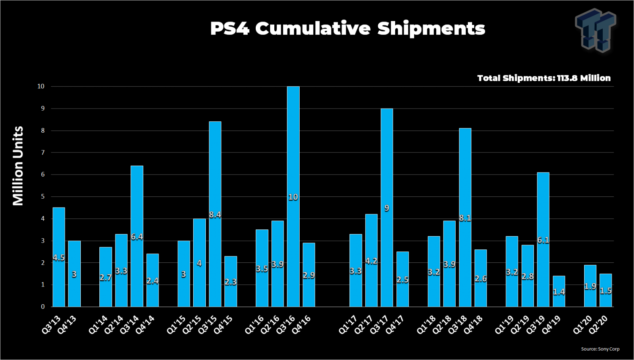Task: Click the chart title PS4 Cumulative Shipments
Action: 347,29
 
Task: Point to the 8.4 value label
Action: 215,215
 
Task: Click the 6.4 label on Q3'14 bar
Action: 137,237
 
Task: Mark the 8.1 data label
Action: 465,218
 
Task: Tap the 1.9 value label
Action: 590,286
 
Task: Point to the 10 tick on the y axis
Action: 41,86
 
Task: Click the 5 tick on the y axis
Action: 43,196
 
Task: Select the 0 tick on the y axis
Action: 43,307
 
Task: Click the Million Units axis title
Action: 18,166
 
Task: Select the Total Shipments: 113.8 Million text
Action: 544,78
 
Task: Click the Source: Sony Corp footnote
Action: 600,349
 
